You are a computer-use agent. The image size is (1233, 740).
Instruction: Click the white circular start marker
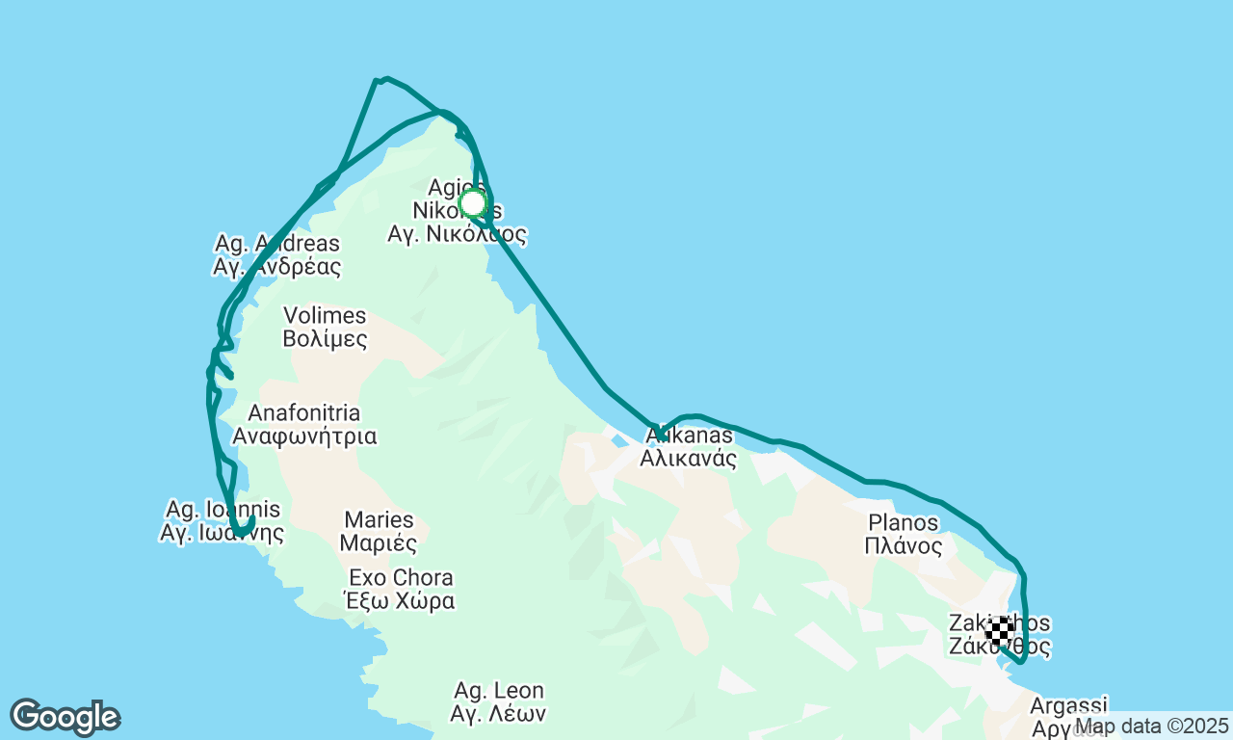472,203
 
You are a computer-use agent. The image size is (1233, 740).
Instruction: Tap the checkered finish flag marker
1000,630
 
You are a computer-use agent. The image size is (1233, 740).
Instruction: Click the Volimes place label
325,316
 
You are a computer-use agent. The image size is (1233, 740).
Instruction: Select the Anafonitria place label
304,413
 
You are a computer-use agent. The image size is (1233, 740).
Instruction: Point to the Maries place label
379,520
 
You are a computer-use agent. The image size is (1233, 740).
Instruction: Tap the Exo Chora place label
401,578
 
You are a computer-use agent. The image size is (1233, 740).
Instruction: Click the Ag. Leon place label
499,691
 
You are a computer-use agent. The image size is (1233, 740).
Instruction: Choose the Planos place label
903,522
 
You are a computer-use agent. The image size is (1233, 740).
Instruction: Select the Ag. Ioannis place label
223,509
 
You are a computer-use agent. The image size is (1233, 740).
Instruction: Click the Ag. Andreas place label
277,244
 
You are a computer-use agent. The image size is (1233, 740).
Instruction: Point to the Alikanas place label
688,436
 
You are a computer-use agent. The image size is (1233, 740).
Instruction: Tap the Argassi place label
1069,705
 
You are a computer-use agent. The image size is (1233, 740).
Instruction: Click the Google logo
65,718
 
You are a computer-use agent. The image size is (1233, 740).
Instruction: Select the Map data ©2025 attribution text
1151,726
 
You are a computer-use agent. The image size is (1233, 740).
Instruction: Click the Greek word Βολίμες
325,339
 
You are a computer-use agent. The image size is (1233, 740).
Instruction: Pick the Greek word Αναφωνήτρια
304,436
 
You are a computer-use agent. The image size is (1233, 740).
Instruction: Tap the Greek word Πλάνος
903,546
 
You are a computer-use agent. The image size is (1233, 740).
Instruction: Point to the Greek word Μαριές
379,543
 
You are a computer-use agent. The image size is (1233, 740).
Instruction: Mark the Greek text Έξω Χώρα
401,601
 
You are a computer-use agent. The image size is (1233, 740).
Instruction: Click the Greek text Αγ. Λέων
499,714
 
